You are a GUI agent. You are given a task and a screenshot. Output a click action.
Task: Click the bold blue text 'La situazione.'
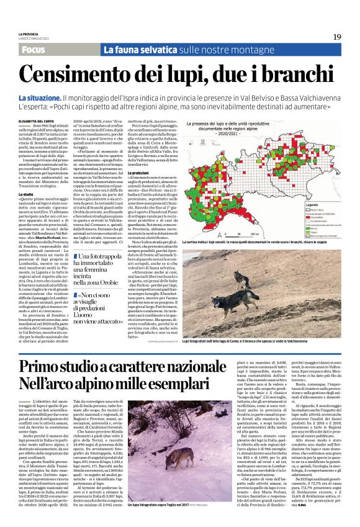click(39, 99)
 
